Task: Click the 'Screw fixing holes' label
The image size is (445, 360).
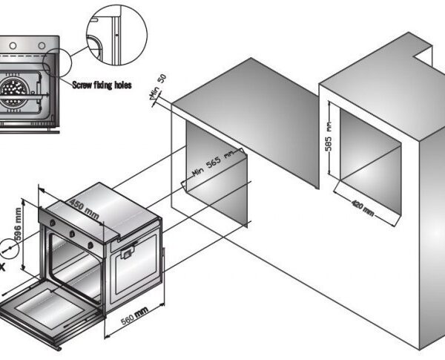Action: (102, 85)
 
